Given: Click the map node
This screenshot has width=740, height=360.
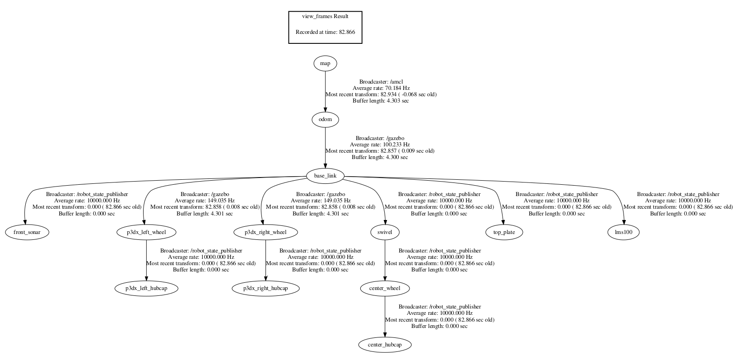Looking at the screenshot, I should click(325, 64).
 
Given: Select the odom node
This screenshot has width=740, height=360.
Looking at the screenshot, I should click(325, 120).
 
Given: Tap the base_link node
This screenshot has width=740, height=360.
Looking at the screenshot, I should click(325, 176).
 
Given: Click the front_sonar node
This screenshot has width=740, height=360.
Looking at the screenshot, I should click(27, 232).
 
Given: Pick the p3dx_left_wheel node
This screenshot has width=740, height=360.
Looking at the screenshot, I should click(146, 232).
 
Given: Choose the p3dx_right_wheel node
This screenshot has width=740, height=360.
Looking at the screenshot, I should click(265, 232).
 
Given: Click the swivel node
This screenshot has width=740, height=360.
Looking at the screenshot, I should click(385, 232).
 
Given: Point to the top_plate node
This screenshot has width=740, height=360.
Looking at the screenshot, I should click(504, 232).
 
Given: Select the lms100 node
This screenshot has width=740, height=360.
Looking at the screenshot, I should click(624, 232).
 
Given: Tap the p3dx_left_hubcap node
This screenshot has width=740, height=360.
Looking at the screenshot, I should click(146, 288).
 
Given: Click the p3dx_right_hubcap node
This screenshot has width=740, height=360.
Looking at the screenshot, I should click(265, 288).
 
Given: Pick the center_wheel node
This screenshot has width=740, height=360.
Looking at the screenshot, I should click(385, 288).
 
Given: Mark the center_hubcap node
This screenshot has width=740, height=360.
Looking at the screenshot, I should click(385, 345).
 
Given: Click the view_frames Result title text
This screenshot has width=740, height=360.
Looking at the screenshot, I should click(325, 16).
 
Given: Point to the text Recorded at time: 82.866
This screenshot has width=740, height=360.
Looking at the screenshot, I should click(325, 32).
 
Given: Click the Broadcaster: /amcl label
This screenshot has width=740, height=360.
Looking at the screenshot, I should click(381, 82).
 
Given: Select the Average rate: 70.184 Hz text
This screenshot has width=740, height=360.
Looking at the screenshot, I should click(381, 88).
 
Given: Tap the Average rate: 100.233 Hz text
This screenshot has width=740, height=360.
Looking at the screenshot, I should click(380, 145).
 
